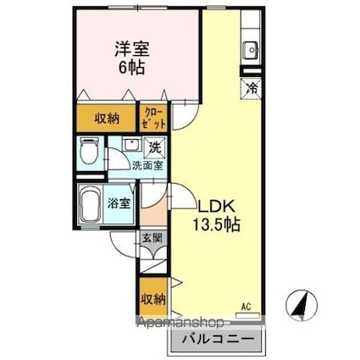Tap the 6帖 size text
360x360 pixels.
click(129, 69)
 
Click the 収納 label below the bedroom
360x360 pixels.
click(106, 119)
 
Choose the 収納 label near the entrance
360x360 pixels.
click(153, 300)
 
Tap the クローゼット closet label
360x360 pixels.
click(153, 117)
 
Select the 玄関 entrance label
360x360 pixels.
click(148, 241)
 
